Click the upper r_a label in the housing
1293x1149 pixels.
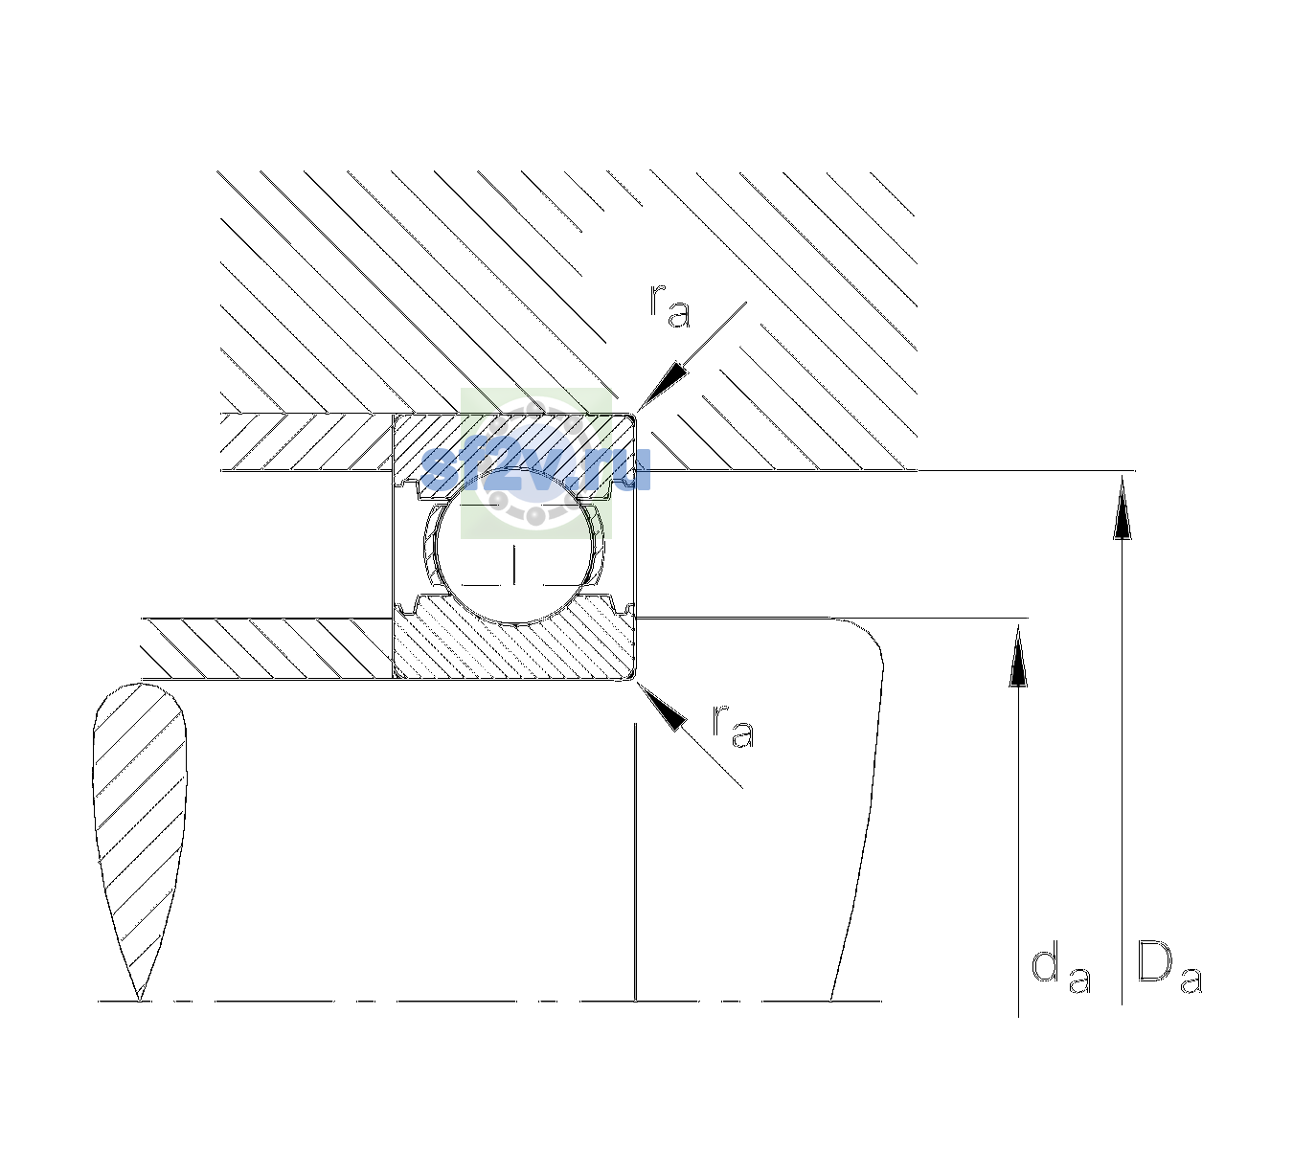tap(669, 305)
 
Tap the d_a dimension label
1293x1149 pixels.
tap(1060, 970)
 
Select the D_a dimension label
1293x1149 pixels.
tap(1169, 966)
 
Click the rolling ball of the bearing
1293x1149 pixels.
tap(517, 546)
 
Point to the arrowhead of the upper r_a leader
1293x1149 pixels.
tap(663, 385)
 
